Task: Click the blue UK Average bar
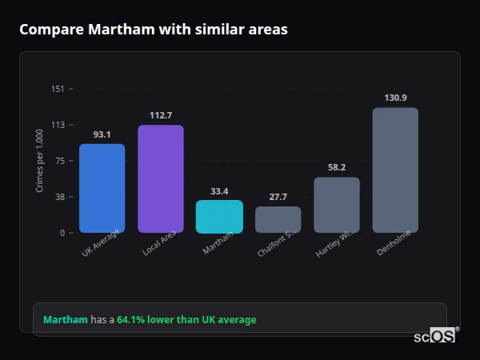102,188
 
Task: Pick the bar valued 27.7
278,219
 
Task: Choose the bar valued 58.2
337,205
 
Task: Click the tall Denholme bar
395,170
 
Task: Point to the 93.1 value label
102,134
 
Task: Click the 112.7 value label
161,115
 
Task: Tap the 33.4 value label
219,191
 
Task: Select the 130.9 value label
395,98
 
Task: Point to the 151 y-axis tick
58,89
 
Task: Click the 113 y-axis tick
58,125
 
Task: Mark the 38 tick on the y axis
59,197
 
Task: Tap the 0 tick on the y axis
62,233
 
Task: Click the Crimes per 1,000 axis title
39,161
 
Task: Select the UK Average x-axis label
101,243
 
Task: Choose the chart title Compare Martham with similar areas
154,30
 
